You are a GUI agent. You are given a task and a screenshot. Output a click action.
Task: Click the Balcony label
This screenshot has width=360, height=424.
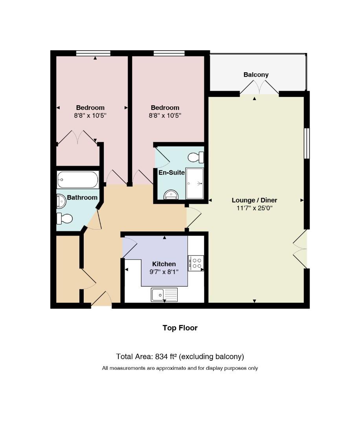coord(256,75)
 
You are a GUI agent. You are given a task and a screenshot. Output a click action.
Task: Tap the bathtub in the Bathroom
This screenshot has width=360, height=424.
coord(78,179)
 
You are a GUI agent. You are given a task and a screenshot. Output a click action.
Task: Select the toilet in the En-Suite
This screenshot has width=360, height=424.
coord(196,157)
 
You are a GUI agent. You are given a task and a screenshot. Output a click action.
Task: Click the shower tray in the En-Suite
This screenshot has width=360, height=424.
coord(195,183)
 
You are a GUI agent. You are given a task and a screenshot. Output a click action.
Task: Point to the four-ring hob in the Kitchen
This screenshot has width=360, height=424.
coord(196,263)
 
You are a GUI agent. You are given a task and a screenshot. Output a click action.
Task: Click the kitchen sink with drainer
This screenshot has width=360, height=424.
coord(164,294)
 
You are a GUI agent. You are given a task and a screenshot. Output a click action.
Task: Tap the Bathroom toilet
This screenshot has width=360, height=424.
coord(64,219)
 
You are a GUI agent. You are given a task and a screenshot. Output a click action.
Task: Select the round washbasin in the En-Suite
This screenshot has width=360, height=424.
coord(171,195)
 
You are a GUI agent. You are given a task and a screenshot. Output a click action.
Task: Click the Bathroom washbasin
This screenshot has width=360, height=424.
coord(61,201)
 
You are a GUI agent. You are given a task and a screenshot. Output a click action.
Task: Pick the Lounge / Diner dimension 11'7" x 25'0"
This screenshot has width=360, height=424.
coord(254,208)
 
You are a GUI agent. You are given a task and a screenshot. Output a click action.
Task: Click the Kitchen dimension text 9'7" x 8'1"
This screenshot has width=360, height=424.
coord(164,272)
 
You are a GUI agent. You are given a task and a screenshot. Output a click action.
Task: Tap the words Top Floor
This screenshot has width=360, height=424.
coord(180,328)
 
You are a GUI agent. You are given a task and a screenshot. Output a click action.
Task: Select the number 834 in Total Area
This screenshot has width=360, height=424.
coord(161,356)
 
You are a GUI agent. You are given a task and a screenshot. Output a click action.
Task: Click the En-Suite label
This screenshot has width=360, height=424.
coord(172,172)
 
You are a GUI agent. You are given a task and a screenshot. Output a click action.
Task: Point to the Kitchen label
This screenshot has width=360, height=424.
coord(164,264)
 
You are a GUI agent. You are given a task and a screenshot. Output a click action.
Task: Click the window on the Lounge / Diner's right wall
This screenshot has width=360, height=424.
coord(307,143)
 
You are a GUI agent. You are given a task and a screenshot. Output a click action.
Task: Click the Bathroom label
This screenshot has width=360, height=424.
coord(82,197)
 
